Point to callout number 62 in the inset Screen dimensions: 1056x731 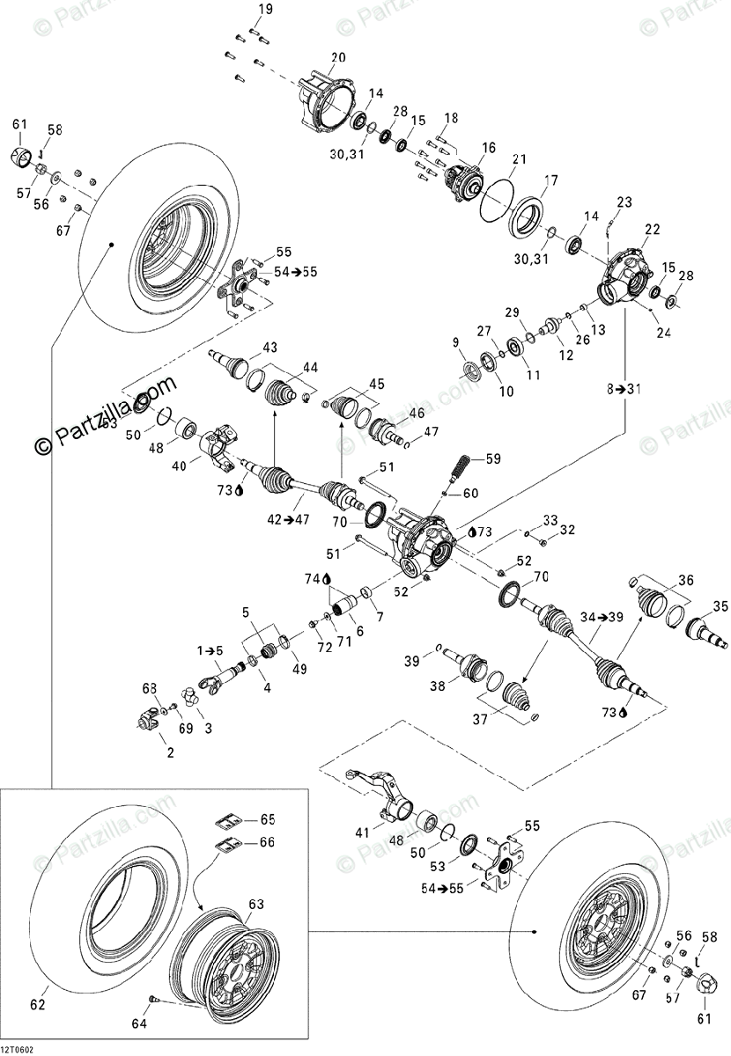38,1004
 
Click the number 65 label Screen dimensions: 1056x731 267,819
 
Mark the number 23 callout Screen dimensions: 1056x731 624,202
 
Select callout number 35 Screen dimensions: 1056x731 720,605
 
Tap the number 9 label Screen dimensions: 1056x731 456,343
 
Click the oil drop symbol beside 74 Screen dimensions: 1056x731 327,579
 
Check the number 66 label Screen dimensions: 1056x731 267,842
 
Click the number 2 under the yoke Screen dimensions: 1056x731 171,753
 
